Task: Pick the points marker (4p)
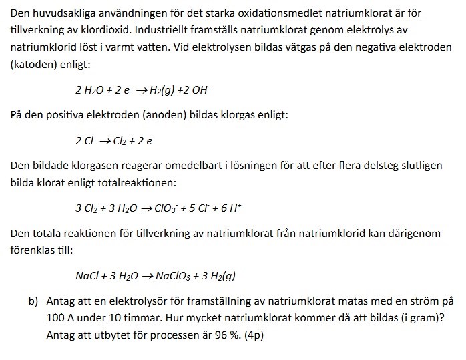click(x=252, y=335)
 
